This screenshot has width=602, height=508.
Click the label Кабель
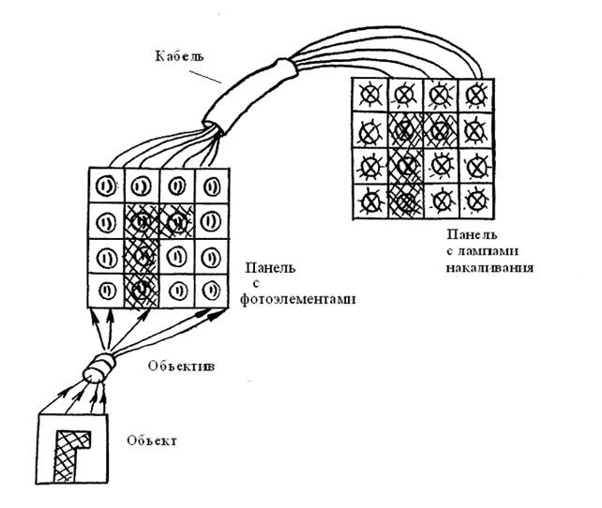(x=179, y=56)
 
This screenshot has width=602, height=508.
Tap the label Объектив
(x=181, y=366)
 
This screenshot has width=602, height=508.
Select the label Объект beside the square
(x=152, y=441)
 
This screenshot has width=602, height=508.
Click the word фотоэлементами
(x=298, y=299)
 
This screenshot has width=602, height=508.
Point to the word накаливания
(x=489, y=267)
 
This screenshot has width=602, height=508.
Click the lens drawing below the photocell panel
(x=98, y=367)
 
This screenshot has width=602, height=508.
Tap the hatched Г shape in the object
(x=68, y=453)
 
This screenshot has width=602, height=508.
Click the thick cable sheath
(x=249, y=94)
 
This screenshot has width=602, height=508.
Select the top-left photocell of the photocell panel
(x=105, y=187)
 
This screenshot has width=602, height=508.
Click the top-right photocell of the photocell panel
(x=212, y=187)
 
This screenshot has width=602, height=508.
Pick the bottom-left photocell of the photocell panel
(x=106, y=291)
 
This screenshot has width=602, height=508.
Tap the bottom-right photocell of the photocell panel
(x=212, y=291)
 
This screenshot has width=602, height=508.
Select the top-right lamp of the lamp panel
(x=476, y=95)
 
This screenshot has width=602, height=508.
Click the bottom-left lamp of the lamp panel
(x=370, y=202)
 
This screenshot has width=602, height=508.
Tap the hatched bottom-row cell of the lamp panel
(x=406, y=202)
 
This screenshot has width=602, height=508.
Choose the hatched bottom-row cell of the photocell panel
(x=142, y=291)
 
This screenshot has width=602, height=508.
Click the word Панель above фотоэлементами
(x=270, y=267)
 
